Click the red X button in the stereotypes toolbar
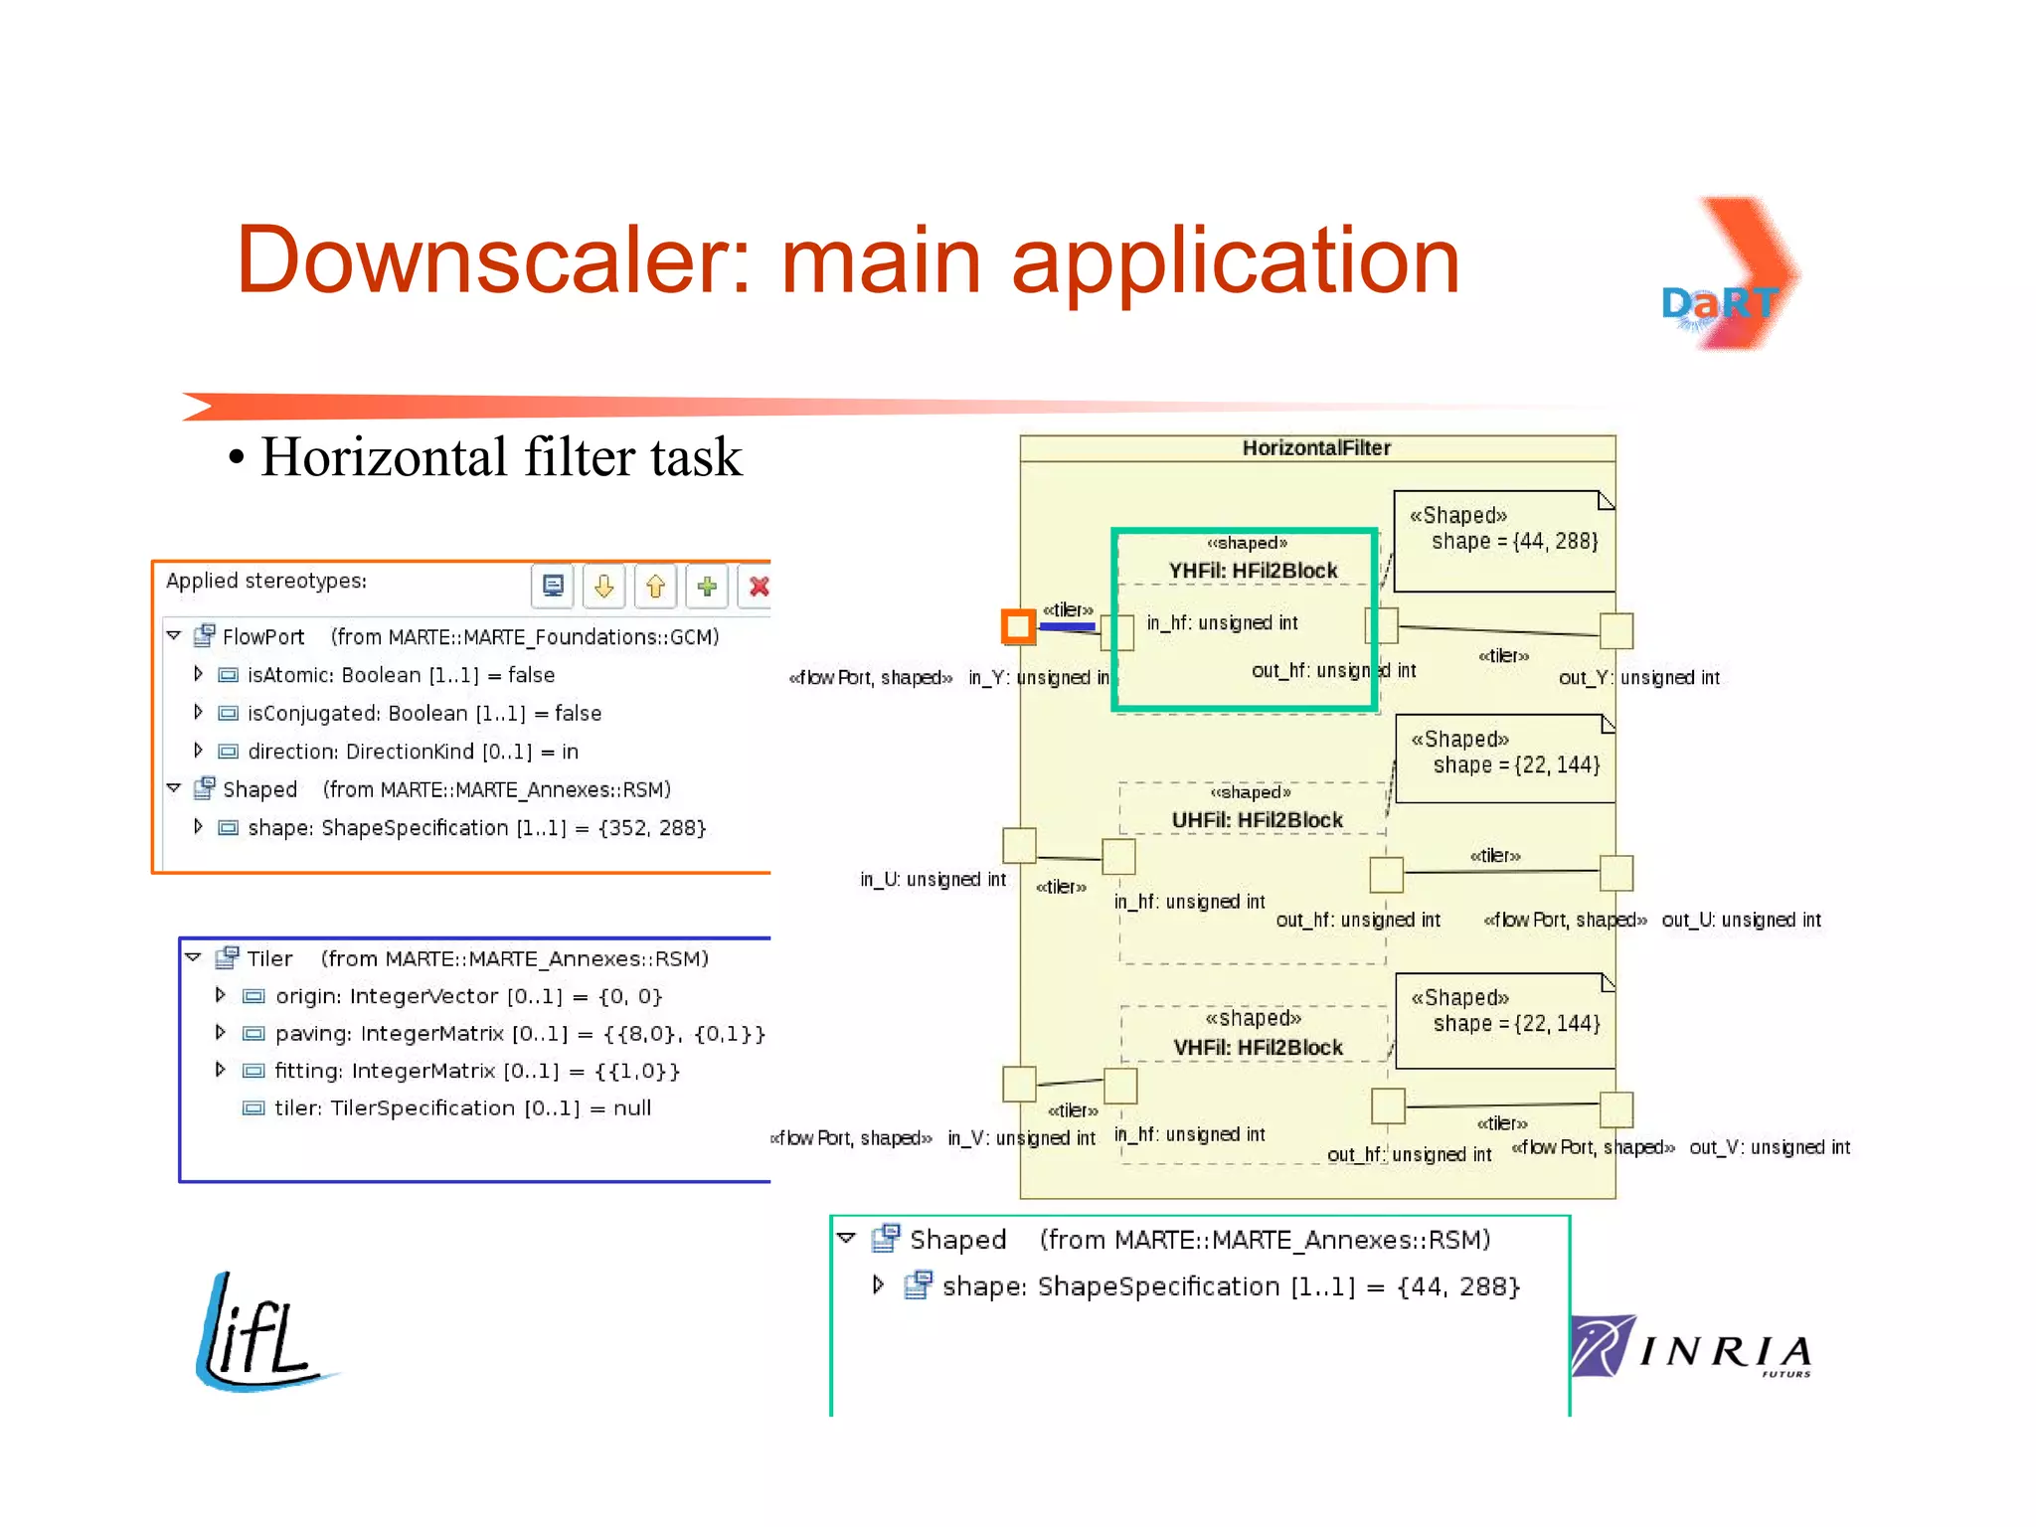tap(759, 587)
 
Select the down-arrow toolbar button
tap(603, 587)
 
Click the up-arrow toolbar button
tap(655, 587)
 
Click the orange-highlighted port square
tap(1018, 626)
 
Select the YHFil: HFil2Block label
tap(1253, 571)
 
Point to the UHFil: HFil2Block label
tap(1257, 820)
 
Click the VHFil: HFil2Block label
tap(1258, 1048)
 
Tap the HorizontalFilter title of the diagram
tap(1316, 448)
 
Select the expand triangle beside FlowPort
tap(174, 635)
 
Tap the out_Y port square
tap(1616, 630)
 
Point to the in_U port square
tap(1019, 845)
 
